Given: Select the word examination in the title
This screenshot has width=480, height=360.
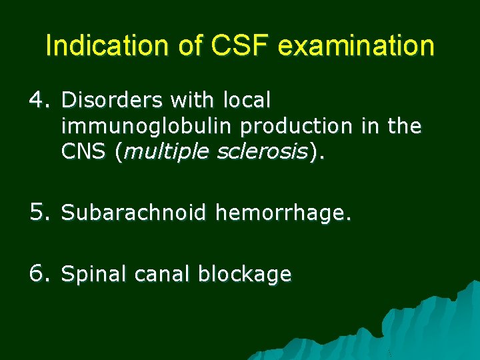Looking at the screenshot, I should (x=356, y=47).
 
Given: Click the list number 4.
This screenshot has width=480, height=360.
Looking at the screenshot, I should (x=40, y=101).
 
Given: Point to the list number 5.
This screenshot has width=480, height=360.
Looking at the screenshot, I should (x=40, y=213).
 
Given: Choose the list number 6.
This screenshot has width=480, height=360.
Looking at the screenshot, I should (x=40, y=273).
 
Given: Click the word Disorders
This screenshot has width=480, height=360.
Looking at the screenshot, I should (x=113, y=101).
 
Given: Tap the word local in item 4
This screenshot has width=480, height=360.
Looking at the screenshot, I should (x=247, y=101).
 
